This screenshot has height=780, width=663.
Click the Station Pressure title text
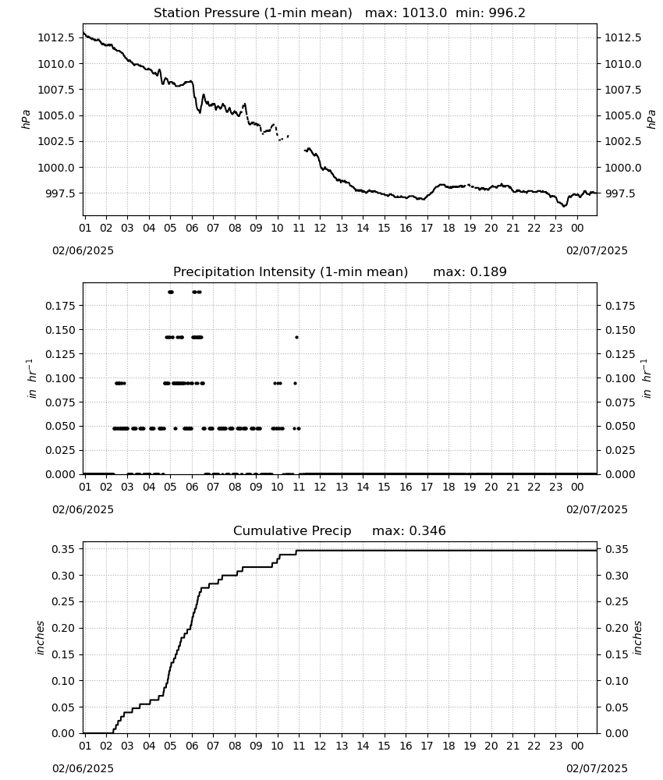click(253, 13)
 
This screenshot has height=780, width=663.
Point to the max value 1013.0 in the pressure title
click(424, 13)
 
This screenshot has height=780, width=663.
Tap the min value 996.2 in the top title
click(505, 13)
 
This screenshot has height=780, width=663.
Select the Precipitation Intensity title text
click(290, 272)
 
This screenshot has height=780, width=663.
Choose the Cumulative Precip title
click(292, 530)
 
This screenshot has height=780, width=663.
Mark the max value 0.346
click(427, 530)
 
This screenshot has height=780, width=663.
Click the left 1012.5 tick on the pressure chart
click(57, 37)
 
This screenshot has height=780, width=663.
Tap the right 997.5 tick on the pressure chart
click(622, 193)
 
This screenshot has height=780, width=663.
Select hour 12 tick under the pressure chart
click(320, 228)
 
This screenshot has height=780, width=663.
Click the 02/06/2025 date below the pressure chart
click(83, 250)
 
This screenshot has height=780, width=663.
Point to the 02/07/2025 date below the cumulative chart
click(597, 768)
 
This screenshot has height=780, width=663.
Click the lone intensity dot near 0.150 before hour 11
click(297, 337)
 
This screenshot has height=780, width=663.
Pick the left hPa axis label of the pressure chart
click(26, 119)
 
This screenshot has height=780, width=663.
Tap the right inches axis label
click(637, 638)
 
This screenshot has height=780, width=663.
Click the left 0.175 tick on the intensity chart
click(61, 306)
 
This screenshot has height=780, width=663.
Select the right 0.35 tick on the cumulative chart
click(617, 550)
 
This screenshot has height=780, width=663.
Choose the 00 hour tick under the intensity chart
click(577, 487)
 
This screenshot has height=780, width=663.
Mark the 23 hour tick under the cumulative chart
click(555, 746)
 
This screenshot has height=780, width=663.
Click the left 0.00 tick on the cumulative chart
click(64, 733)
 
